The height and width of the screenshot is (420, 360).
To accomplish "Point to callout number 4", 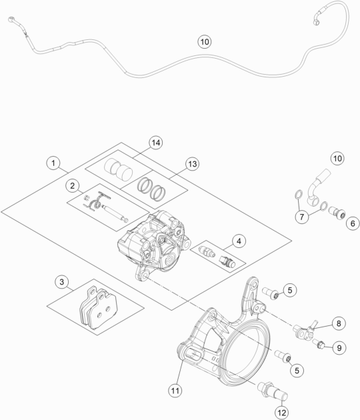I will pyautogui.click(x=237, y=241).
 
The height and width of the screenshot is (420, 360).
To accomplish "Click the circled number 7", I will pyautogui.click(x=303, y=217).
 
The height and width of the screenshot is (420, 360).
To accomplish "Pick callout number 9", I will pyautogui.click(x=339, y=347).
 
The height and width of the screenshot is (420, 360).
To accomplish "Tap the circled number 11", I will pyautogui.click(x=175, y=389).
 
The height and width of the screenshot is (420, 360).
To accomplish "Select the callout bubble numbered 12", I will pyautogui.click(x=282, y=413).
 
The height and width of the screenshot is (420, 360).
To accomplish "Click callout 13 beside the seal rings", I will pyautogui.click(x=174, y=165).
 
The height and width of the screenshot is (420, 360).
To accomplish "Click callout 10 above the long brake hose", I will pyautogui.click(x=204, y=41).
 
